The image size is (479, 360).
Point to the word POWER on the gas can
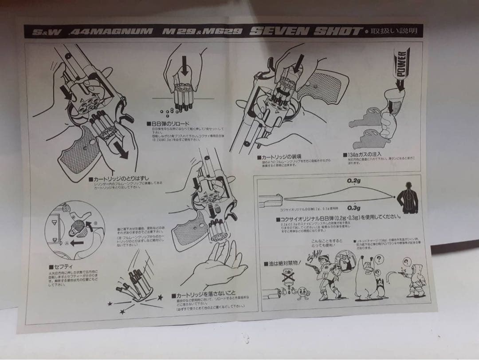coord(402,63)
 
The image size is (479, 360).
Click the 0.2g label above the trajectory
coord(353,181)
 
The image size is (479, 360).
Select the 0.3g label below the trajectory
coord(353,208)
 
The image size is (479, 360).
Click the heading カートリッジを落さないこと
coord(204,295)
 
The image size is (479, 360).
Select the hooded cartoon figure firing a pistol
coord(415,280)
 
